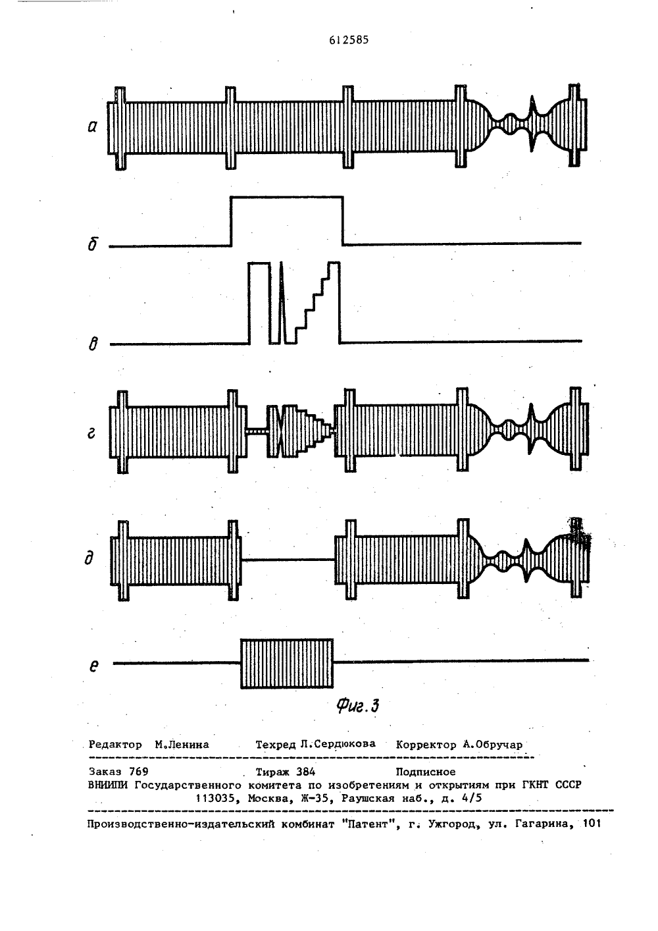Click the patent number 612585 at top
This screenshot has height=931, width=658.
349,40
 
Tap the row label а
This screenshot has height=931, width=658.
92,126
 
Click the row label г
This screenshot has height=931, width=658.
92,433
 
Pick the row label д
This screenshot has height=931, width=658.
89,558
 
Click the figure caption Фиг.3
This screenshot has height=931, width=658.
358,706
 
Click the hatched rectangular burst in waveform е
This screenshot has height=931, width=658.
287,663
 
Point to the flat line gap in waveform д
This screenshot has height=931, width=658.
288,560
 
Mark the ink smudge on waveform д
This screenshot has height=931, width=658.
578,533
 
